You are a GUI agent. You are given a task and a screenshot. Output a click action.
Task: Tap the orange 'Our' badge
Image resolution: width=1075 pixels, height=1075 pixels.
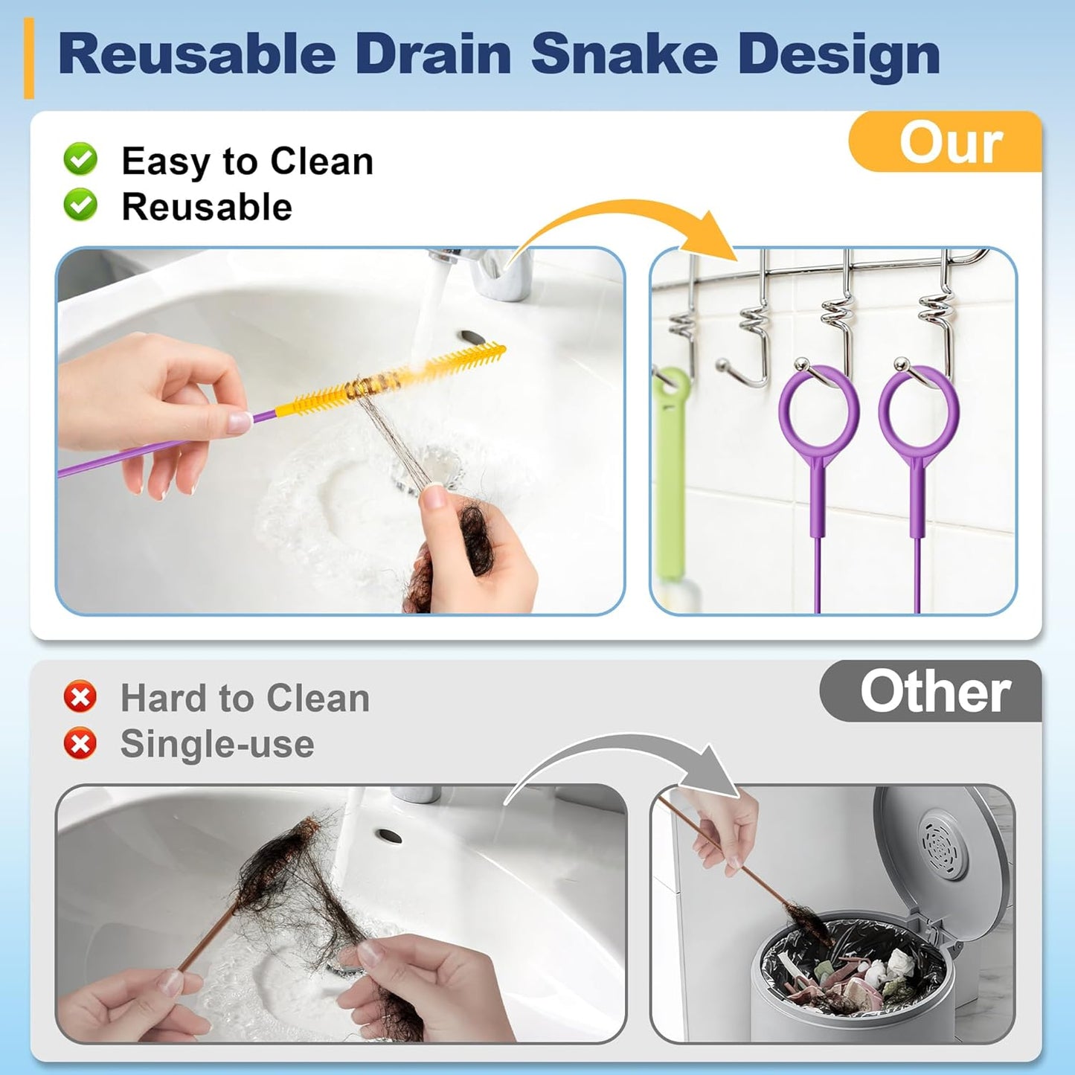coord(945,141)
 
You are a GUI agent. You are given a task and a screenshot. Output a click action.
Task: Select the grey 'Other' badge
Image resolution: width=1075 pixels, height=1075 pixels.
coord(931,691)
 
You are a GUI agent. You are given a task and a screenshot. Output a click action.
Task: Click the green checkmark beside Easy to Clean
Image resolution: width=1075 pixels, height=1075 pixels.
coord(80,159)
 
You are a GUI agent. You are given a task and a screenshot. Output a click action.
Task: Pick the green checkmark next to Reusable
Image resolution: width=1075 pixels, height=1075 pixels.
coord(80,205)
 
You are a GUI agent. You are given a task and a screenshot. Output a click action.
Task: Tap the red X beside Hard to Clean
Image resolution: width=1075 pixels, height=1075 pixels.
coord(80,696)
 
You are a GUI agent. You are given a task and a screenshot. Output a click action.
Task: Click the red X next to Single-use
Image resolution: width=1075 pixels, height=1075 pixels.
coord(80,743)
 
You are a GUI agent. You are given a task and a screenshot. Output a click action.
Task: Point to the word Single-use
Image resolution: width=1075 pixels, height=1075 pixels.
coord(217,744)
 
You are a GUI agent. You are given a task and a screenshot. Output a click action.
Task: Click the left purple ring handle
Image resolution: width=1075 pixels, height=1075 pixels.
coord(818,414)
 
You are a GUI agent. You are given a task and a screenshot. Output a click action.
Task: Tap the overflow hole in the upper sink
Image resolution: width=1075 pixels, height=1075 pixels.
coord(472,337)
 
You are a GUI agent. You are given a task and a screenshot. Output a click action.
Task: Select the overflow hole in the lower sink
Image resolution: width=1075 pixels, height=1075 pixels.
coord(389,836)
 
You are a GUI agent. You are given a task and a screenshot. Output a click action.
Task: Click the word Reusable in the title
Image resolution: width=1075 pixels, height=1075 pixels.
coord(196,54)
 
